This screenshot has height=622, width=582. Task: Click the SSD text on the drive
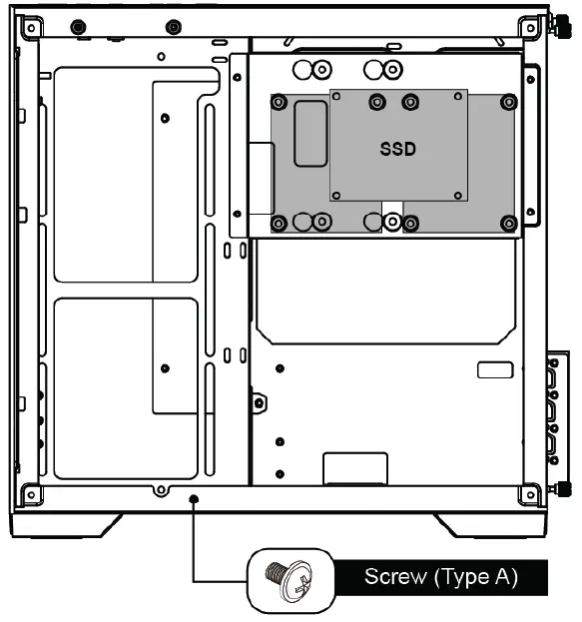397,149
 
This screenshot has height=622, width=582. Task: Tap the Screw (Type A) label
440,576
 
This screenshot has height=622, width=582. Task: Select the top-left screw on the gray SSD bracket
280,102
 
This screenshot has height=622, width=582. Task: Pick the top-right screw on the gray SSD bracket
509,102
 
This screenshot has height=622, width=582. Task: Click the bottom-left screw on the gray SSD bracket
280,223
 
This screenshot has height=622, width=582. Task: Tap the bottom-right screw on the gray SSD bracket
509,223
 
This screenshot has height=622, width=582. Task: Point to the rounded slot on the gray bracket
308,133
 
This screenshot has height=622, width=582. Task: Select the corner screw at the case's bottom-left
32,492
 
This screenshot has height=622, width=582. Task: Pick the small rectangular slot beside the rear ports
494,370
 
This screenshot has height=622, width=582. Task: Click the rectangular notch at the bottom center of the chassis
355,468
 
